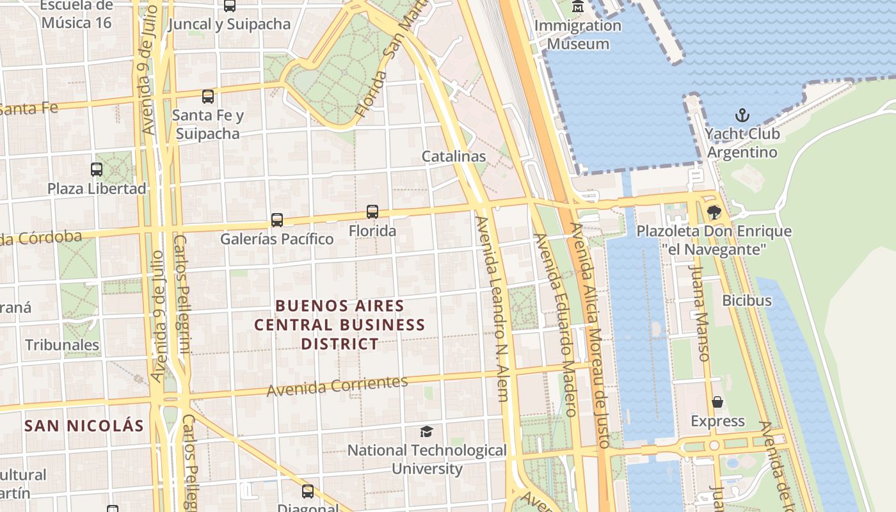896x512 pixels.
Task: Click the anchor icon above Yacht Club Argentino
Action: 742,116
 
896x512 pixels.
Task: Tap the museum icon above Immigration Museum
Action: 578,7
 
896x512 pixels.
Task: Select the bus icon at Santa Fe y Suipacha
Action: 208,97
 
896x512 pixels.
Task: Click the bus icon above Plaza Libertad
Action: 97,170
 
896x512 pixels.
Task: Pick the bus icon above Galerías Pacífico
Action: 277,220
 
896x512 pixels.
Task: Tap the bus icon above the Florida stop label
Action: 372,211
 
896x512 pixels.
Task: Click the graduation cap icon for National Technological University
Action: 426,431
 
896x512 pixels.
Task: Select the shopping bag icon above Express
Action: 717,402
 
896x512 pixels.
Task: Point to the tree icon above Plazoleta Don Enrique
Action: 714,212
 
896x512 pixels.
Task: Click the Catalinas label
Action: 454,156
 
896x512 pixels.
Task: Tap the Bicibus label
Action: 747,300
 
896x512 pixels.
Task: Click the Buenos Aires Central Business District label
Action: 340,324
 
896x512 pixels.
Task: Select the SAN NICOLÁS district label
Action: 84,426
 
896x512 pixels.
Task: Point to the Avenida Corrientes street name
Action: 337,386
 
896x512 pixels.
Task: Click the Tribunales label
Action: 62,345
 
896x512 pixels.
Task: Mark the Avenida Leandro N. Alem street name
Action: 493,307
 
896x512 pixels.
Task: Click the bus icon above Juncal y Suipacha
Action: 229,6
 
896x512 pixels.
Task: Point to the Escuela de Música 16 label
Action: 77,14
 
